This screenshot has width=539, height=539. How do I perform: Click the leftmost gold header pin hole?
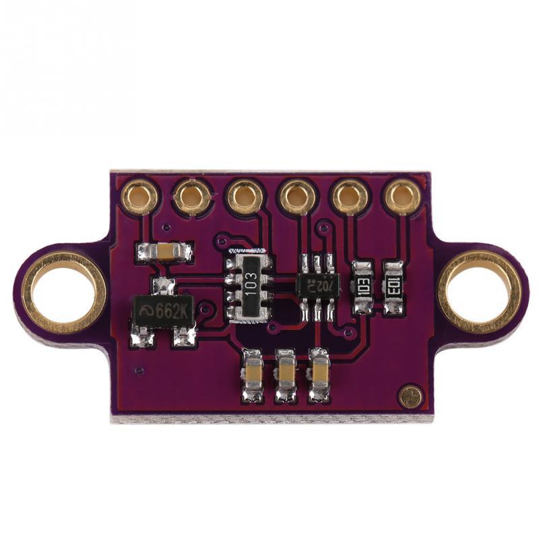pyautogui.click(x=140, y=196)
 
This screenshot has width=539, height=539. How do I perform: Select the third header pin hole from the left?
pyautogui.click(x=245, y=197)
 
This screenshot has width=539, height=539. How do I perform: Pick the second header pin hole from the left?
pyautogui.click(x=192, y=197)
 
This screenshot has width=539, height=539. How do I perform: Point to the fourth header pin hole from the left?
pyautogui.click(x=298, y=197)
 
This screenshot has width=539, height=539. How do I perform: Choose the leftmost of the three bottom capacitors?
pyautogui.click(x=254, y=375)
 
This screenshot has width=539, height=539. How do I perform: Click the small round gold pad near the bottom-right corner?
pyautogui.click(x=409, y=396)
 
